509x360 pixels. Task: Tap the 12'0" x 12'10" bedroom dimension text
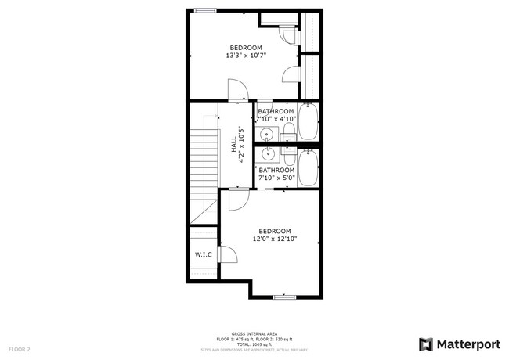[275, 239]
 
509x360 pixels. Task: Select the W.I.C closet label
[203, 255]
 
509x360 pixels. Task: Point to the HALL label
[233, 146]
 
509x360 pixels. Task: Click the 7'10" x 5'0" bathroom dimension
[276, 178]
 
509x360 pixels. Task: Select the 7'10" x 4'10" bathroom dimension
[276, 119]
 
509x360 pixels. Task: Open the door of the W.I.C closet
[228, 254]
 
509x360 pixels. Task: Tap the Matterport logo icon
[426, 344]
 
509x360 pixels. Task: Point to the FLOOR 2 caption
[20, 348]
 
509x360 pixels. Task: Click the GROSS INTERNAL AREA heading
[254, 333]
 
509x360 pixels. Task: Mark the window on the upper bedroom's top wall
[206, 10]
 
